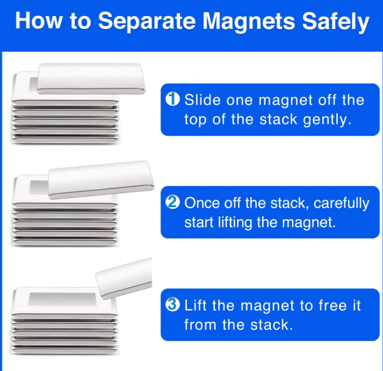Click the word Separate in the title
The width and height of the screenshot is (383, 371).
tap(147, 22)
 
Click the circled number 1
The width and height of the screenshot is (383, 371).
tap(173, 99)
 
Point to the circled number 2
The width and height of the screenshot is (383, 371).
tap(173, 202)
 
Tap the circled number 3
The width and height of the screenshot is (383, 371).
tap(173, 305)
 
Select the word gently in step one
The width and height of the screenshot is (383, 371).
tap(327, 120)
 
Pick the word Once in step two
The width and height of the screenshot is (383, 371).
tap(202, 203)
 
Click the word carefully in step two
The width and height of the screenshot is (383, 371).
tap(341, 203)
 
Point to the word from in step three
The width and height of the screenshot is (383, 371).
tap(200, 325)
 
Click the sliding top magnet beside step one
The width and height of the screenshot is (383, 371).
tap(91, 78)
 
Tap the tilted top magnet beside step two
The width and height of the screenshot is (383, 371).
tap(101, 180)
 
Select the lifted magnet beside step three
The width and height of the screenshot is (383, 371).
tap(124, 278)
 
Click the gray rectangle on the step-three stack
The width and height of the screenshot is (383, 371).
tap(62, 299)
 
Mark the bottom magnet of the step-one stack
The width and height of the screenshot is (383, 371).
tap(65, 140)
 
